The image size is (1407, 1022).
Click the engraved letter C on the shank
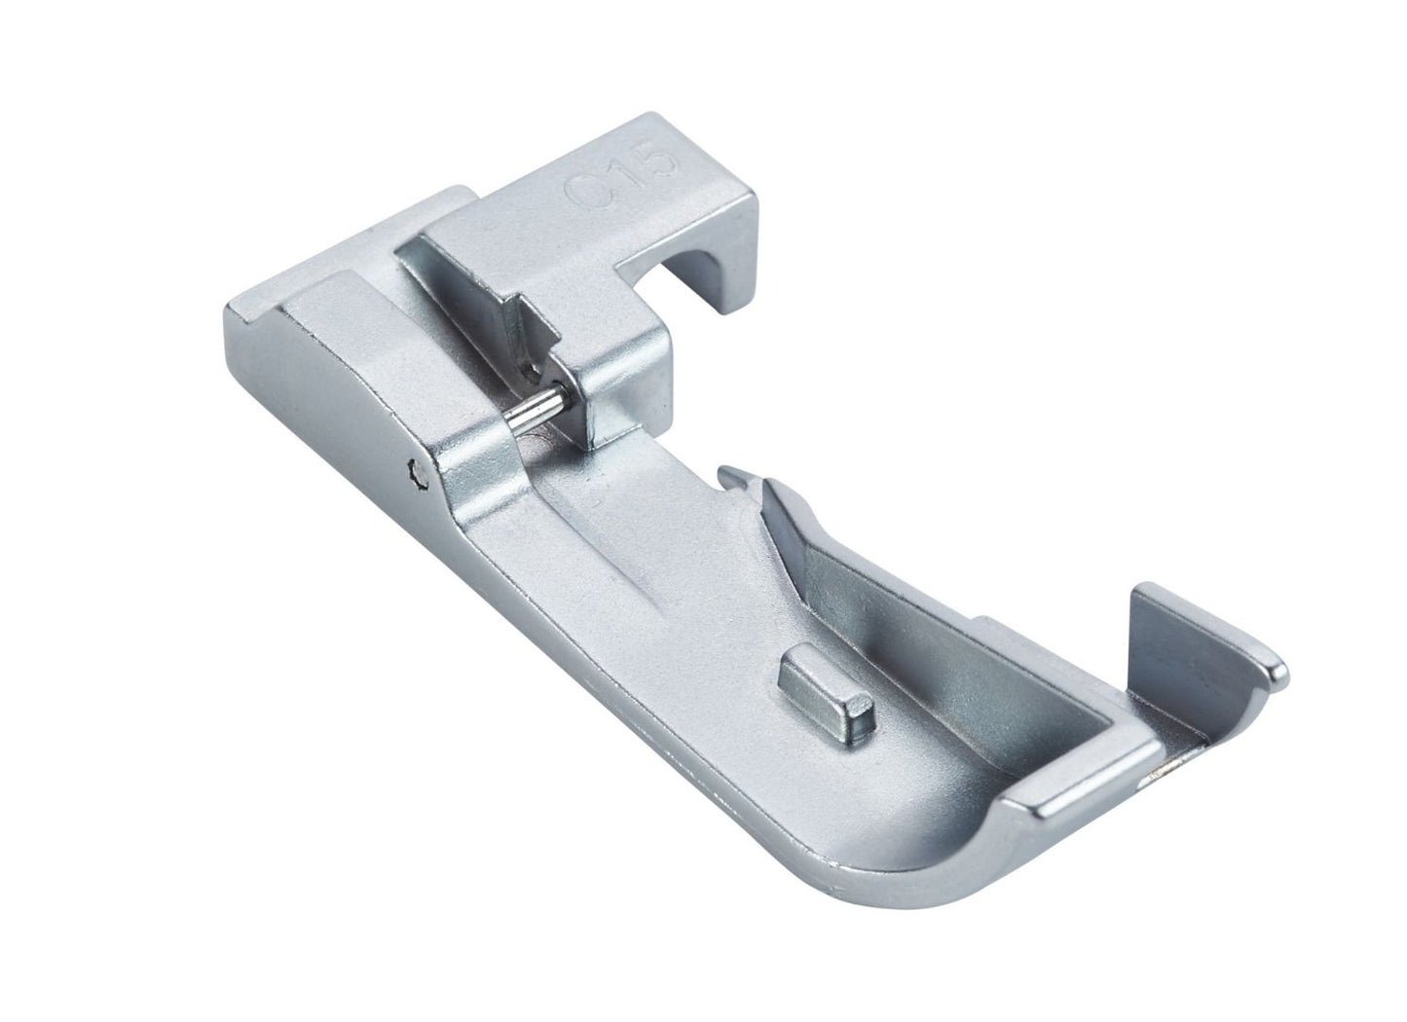click(x=581, y=189)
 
